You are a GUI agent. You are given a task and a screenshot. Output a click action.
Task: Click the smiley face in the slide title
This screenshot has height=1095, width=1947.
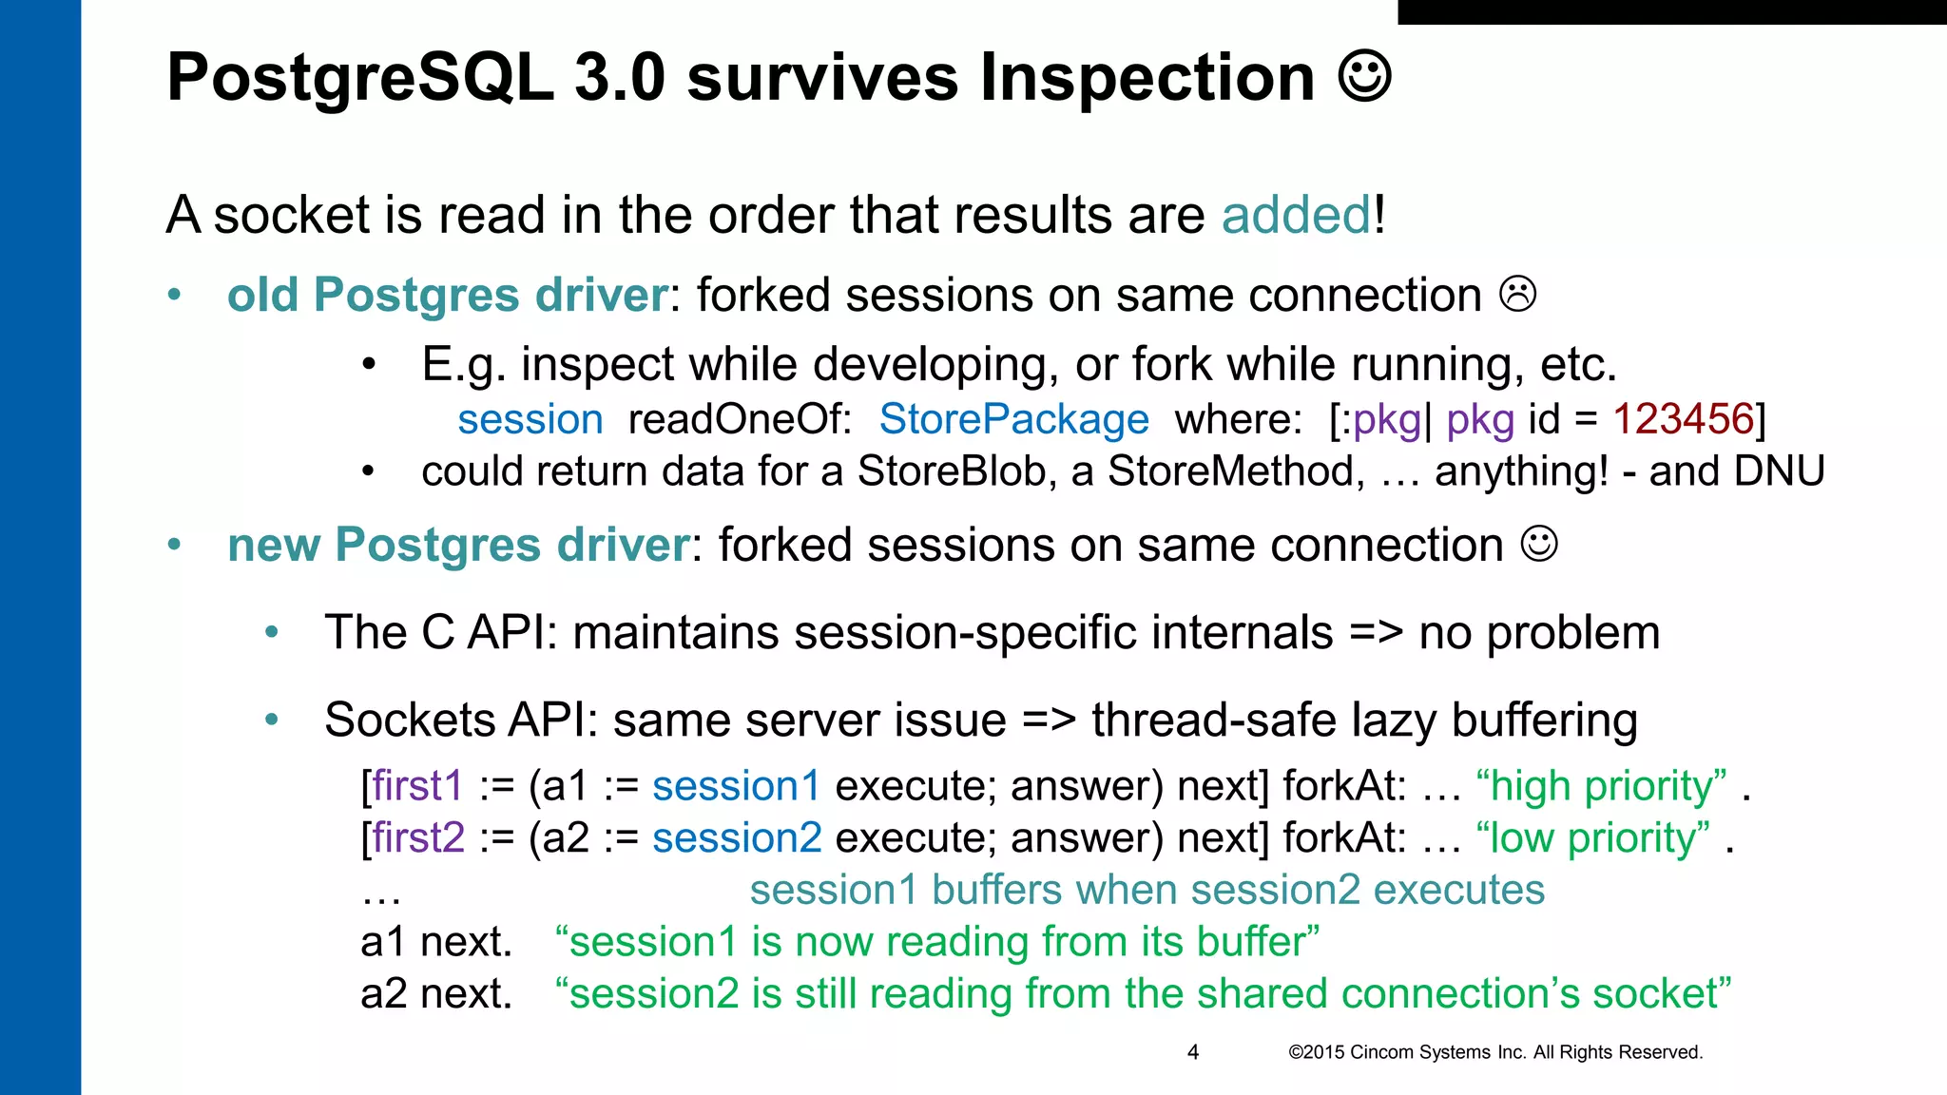pos(1365,76)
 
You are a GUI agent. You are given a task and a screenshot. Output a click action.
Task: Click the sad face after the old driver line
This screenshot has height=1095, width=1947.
pos(1518,294)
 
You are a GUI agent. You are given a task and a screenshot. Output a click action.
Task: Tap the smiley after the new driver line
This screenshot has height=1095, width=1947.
pos(1539,544)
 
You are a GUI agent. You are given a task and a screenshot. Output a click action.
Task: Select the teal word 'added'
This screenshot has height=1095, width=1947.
pos(1296,215)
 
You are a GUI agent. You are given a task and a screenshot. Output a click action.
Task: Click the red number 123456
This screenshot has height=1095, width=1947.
pos(1683,419)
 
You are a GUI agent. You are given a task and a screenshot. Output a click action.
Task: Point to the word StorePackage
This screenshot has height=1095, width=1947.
pos(1013,419)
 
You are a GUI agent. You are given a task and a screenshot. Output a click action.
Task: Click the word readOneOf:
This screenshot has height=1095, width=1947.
pos(740,419)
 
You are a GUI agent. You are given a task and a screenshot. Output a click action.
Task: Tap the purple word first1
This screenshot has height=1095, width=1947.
pos(417,786)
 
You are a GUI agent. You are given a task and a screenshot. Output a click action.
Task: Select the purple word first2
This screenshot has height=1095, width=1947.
pos(418,838)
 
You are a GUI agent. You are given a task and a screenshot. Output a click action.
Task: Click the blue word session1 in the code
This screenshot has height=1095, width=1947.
pos(737,786)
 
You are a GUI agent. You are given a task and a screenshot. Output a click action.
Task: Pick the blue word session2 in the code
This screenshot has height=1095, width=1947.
pos(737,838)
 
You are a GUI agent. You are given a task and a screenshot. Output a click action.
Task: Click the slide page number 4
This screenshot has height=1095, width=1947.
pos(1193,1052)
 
